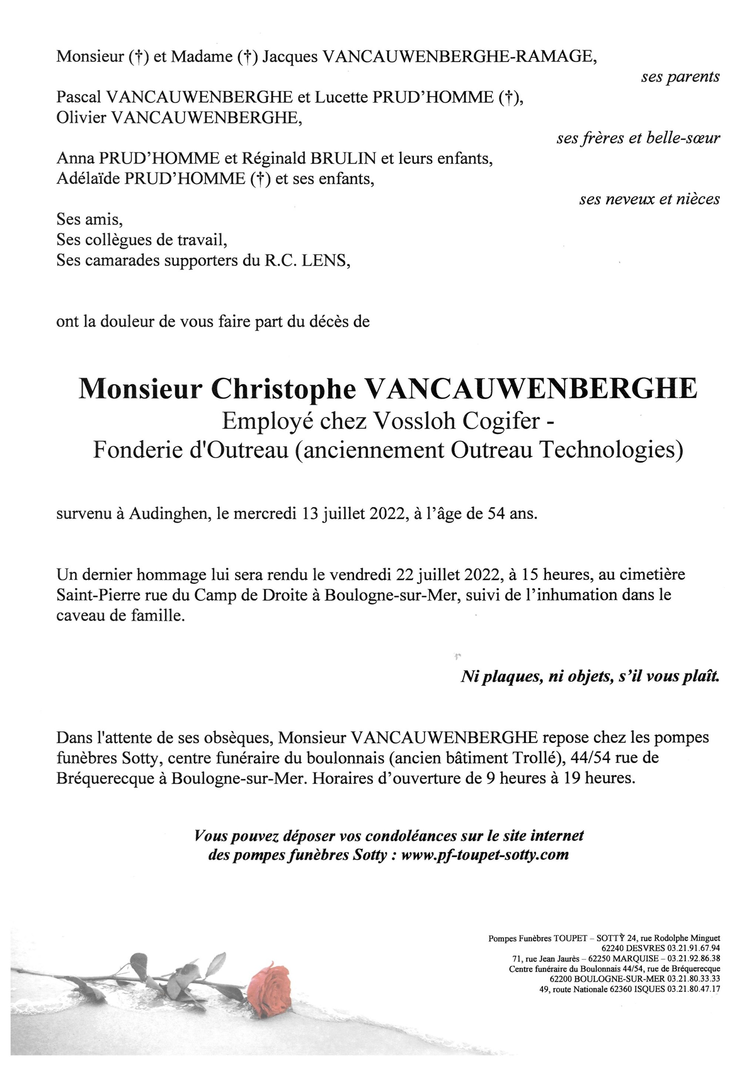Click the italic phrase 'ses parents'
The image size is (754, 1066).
tap(680, 77)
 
